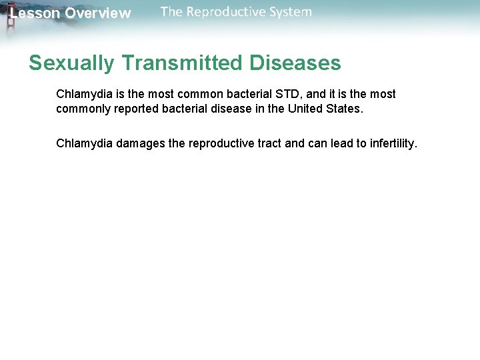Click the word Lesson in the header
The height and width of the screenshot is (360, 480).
coord(35,13)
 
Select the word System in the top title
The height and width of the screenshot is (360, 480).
coord(287,12)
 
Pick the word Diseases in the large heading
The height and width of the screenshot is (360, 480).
coord(295,63)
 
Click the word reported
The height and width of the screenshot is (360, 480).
coord(135,109)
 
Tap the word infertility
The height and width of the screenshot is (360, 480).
coord(391,143)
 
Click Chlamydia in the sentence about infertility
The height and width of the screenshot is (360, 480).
coord(85,143)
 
